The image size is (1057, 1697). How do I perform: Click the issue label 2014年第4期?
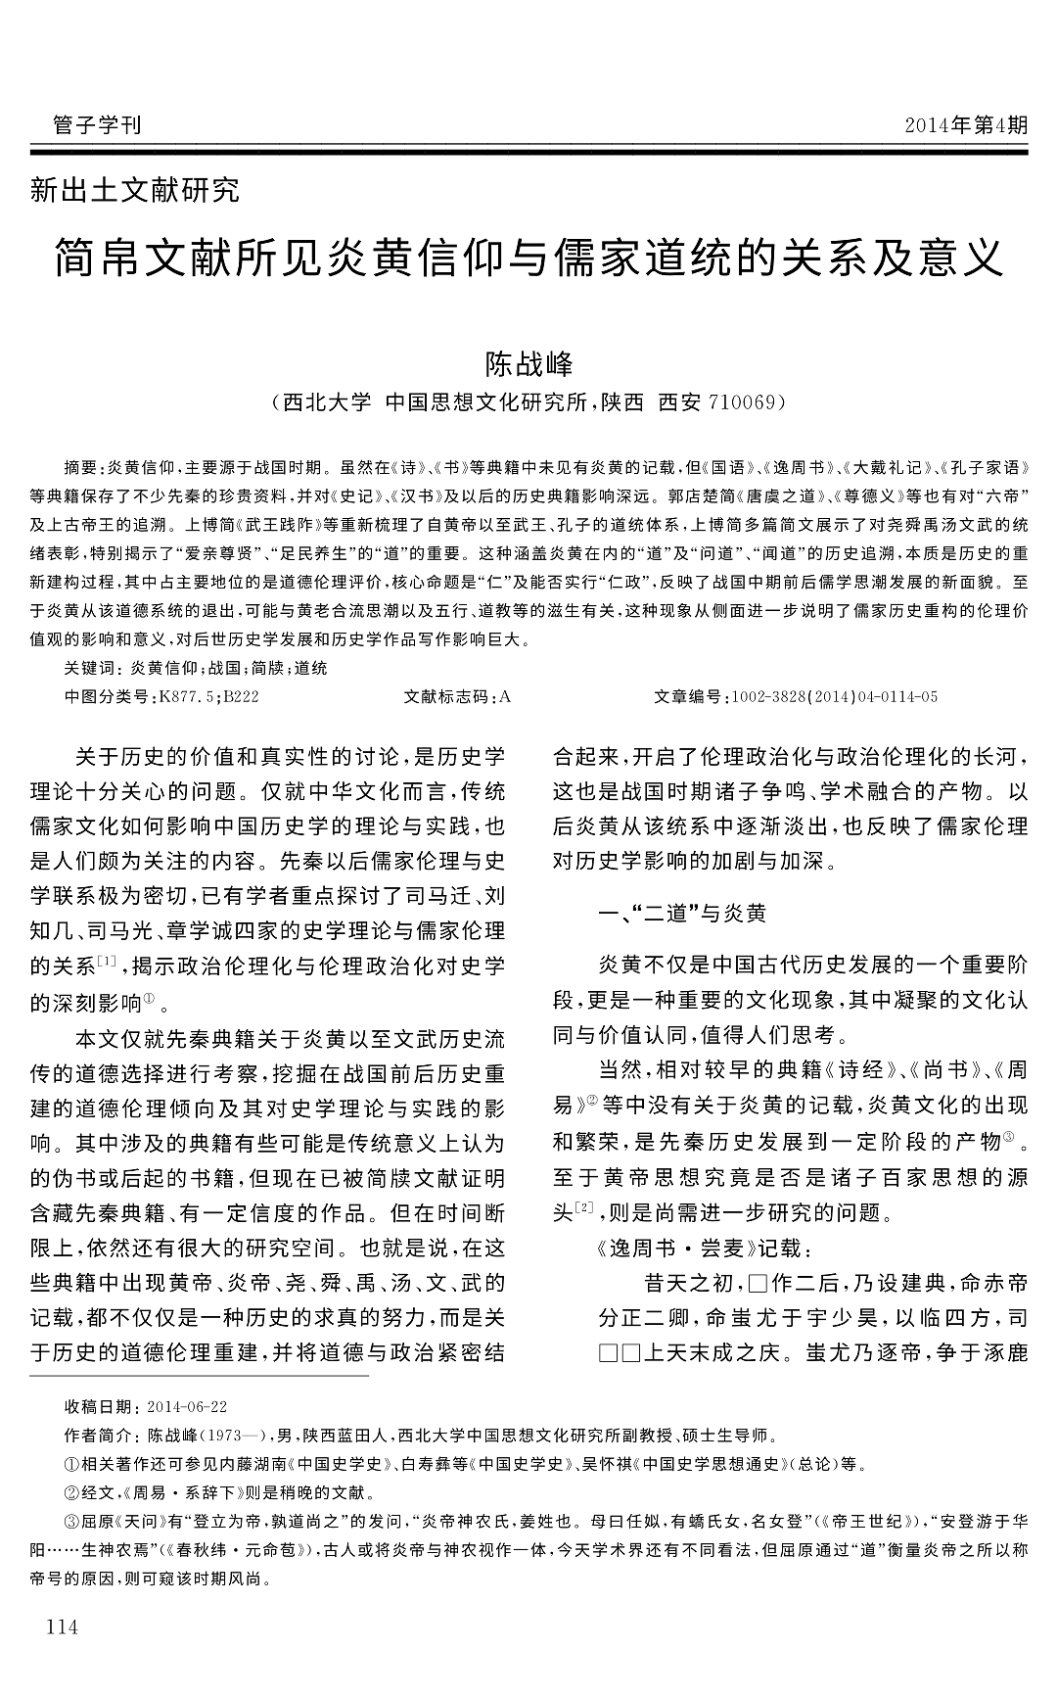coord(966,125)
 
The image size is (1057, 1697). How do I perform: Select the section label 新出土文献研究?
coord(135,190)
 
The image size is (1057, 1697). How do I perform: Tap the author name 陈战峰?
coord(529,364)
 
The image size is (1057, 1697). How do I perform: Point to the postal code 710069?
coord(740,402)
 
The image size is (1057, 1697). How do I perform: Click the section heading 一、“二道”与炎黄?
coord(683,914)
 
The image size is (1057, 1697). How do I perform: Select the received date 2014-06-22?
coord(186,1407)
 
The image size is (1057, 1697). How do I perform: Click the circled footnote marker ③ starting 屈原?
coord(70,1523)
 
